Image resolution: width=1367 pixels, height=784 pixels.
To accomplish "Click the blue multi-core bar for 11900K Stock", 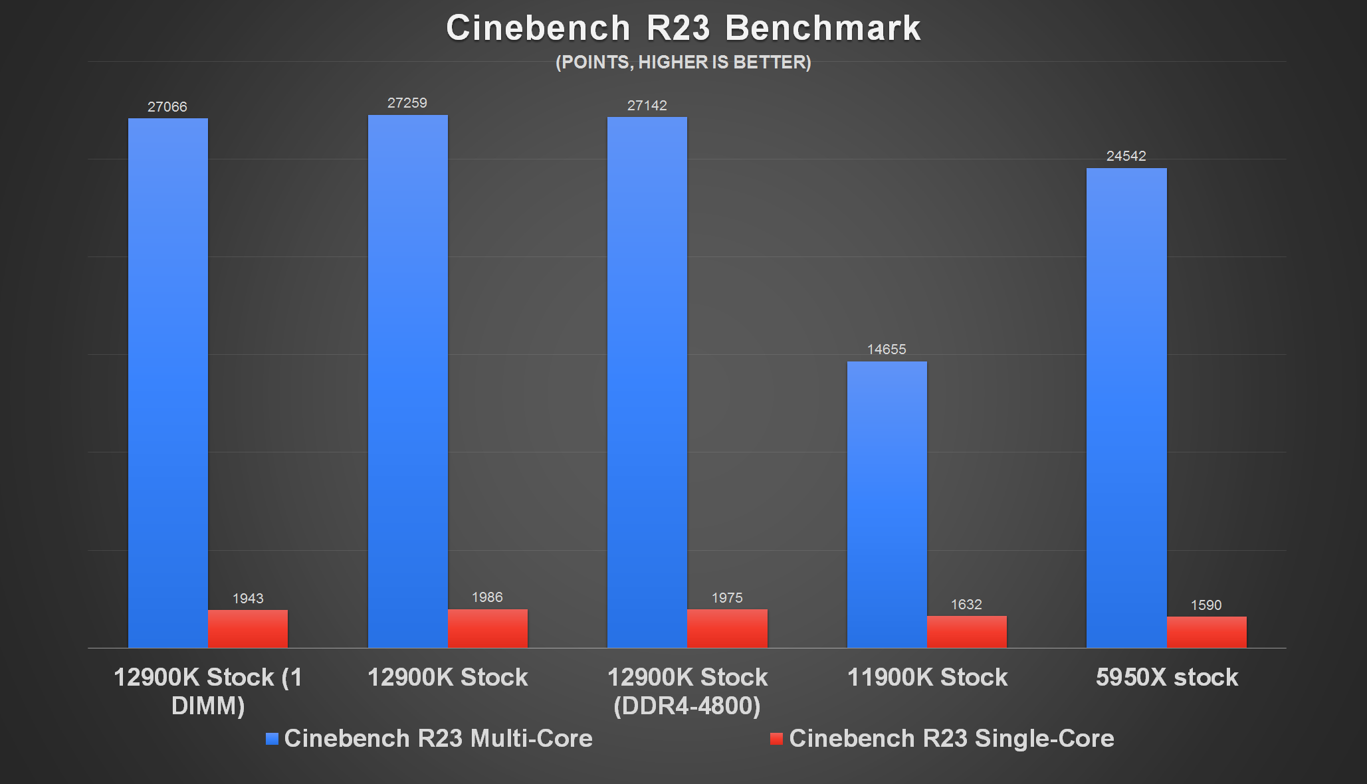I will point(887,505).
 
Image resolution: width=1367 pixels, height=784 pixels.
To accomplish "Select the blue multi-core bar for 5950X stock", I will point(1126,408).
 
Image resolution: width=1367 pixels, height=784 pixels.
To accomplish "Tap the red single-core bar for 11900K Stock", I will point(966,632).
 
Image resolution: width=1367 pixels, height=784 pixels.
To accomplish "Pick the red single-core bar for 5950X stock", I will point(1206,633).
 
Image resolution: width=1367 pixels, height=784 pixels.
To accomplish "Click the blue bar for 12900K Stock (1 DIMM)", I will point(167,383).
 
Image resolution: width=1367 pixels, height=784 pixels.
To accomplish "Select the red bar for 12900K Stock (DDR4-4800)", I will point(727,629).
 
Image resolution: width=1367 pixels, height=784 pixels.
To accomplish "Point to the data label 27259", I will point(407,103).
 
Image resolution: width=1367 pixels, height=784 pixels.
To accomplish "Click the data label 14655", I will point(887,349).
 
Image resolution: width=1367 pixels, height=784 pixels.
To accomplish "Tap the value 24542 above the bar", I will point(1126,156).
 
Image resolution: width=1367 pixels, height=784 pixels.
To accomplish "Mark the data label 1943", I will point(248,599).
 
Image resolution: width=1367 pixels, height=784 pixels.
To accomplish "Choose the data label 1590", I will point(1206,605).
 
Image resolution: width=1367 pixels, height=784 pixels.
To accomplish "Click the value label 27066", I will point(167,107).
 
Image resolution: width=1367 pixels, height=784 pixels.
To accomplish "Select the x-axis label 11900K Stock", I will point(927,677).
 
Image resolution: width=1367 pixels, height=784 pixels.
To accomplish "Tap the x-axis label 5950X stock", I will point(1167,677).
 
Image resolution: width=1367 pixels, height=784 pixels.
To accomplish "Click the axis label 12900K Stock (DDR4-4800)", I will point(687,691).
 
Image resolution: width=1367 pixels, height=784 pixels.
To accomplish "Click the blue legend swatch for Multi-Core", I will point(272,739).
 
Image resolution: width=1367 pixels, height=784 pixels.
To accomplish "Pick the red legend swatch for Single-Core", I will point(776,739).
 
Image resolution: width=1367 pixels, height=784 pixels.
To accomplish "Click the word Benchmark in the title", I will point(823,29).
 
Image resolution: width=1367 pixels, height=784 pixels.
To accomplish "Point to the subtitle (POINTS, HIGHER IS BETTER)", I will point(683,62).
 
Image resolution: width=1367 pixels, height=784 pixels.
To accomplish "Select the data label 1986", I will point(487,597).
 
